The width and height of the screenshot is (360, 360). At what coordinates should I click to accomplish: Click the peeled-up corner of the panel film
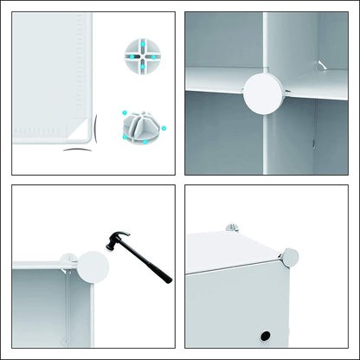pos(82,130)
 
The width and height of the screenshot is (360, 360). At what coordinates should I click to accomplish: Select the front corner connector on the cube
pos(289,257)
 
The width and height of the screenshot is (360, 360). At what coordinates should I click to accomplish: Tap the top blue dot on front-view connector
pos(138,39)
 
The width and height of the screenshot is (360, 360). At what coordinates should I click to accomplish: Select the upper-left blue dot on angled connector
pos(125,113)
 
